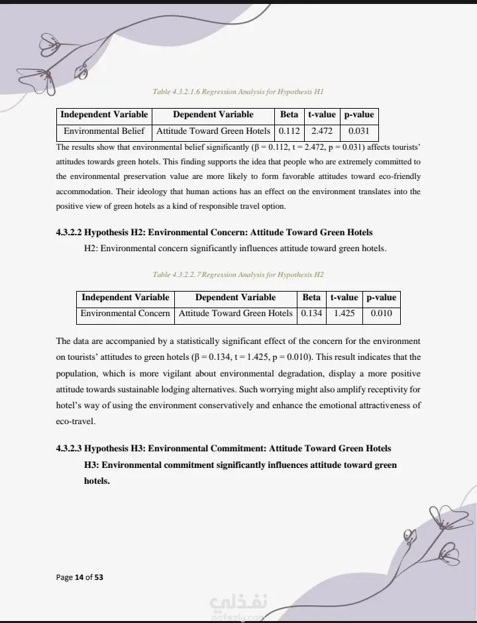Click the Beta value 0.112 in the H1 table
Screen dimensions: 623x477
(290, 131)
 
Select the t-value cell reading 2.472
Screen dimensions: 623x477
(322, 131)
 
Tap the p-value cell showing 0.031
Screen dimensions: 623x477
(358, 131)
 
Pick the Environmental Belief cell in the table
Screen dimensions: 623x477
(104, 131)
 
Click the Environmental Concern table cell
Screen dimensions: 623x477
(125, 313)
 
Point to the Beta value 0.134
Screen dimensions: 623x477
(311, 313)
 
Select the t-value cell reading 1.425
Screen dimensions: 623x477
(344, 313)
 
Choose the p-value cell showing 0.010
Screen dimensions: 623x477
(381, 313)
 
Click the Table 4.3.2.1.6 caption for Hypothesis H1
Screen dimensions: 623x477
(237, 91)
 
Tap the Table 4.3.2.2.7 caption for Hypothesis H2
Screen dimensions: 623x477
(237, 274)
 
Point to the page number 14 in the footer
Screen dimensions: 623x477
(79, 577)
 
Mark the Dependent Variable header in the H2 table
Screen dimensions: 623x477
(235, 298)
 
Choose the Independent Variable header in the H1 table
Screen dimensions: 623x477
(104, 115)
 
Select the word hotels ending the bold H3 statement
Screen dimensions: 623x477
(97, 481)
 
